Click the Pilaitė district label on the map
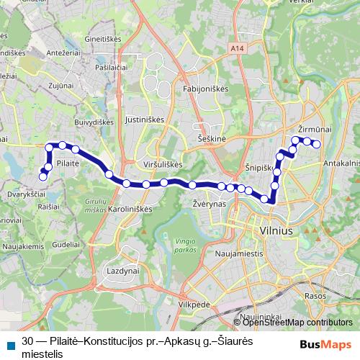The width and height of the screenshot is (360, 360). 67,163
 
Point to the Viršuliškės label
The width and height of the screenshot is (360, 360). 162,164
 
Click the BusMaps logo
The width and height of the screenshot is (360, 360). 330,343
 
